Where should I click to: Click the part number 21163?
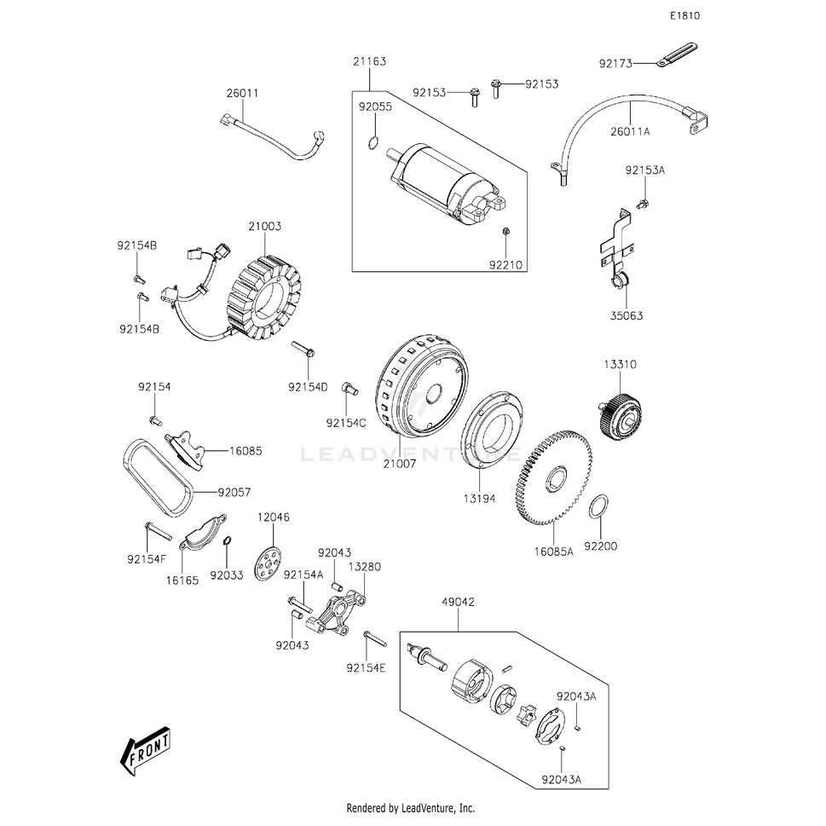pyautogui.click(x=371, y=61)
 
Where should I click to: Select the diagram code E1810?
pyautogui.click(x=684, y=16)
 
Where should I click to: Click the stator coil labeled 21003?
pyautogui.click(x=264, y=294)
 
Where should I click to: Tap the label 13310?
pyautogui.click(x=621, y=364)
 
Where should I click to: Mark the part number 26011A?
pyautogui.click(x=631, y=131)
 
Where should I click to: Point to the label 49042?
pyautogui.click(x=458, y=603)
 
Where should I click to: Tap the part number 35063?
pyautogui.click(x=627, y=315)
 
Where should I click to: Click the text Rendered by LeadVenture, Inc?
pyautogui.click(x=410, y=808)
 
